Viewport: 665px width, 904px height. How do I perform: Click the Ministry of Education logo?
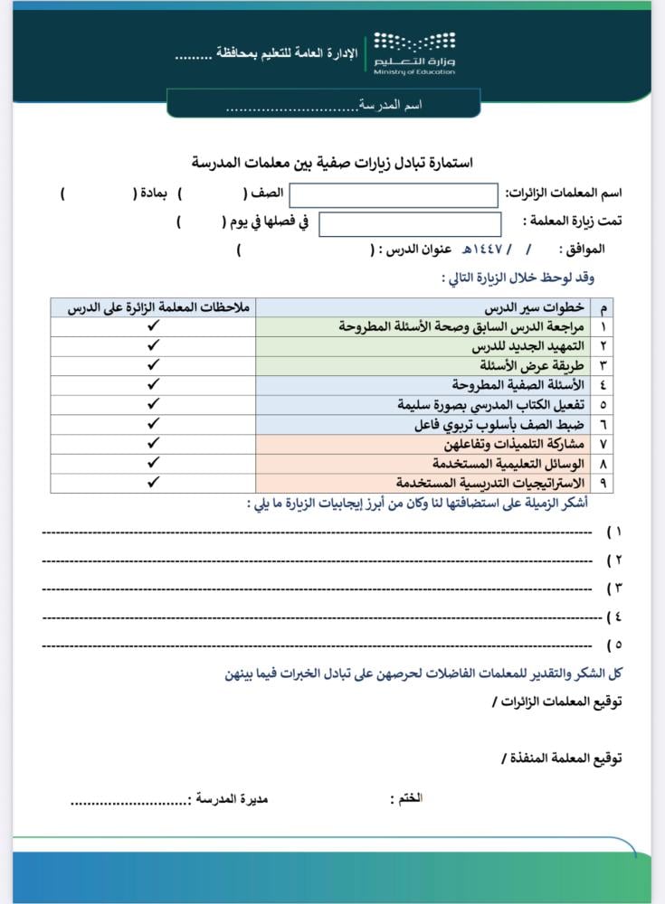(414, 53)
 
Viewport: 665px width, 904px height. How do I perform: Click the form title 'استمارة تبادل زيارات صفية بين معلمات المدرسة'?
(332, 163)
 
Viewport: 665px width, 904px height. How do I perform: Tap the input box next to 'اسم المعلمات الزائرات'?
(393, 194)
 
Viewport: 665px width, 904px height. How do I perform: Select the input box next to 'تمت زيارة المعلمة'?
(410, 223)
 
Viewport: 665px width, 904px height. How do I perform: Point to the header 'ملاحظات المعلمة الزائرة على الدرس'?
(153, 307)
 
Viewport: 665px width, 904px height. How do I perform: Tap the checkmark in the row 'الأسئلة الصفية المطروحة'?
(153, 385)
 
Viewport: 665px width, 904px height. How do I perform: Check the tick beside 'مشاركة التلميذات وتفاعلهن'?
(153, 444)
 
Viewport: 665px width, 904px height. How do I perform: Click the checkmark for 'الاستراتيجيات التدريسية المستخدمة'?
(153, 483)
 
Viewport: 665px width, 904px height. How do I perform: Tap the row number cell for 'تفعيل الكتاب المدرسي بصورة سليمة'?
(603, 405)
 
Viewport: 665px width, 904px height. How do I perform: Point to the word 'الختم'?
(408, 799)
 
